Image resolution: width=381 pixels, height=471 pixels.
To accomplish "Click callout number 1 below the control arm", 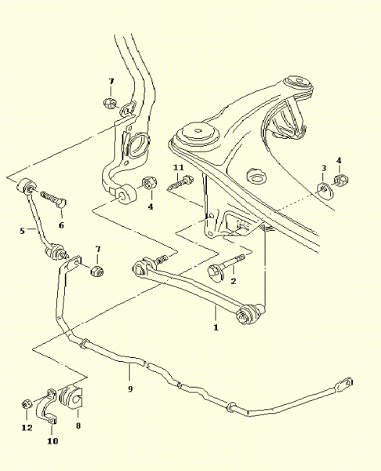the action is (216, 327).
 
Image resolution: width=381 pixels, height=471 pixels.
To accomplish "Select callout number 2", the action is (234, 281).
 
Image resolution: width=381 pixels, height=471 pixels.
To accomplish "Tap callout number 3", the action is (324, 168).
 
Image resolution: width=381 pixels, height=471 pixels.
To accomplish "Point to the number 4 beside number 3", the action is (339, 160).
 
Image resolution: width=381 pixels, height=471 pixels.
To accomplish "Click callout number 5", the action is (22, 231).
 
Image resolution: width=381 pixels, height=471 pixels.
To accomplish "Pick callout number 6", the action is (61, 225).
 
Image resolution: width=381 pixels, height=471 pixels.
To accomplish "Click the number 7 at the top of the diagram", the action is (111, 81).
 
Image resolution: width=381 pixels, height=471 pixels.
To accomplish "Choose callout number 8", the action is (78, 425).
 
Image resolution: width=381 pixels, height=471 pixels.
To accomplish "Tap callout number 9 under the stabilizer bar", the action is (130, 389).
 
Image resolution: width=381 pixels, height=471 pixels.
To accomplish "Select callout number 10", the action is (53, 441).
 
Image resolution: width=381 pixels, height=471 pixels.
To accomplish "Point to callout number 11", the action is (179, 167).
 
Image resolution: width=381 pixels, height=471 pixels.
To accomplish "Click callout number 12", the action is (27, 428).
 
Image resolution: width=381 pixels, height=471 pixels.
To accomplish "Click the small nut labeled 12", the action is (26, 403).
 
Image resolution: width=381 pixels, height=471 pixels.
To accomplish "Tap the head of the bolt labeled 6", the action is (61, 203).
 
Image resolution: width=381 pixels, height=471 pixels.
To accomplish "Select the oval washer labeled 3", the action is (325, 190).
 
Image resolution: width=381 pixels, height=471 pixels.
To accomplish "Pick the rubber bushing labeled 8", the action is (71, 396).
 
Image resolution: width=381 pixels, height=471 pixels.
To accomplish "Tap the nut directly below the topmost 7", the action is (110, 104).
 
